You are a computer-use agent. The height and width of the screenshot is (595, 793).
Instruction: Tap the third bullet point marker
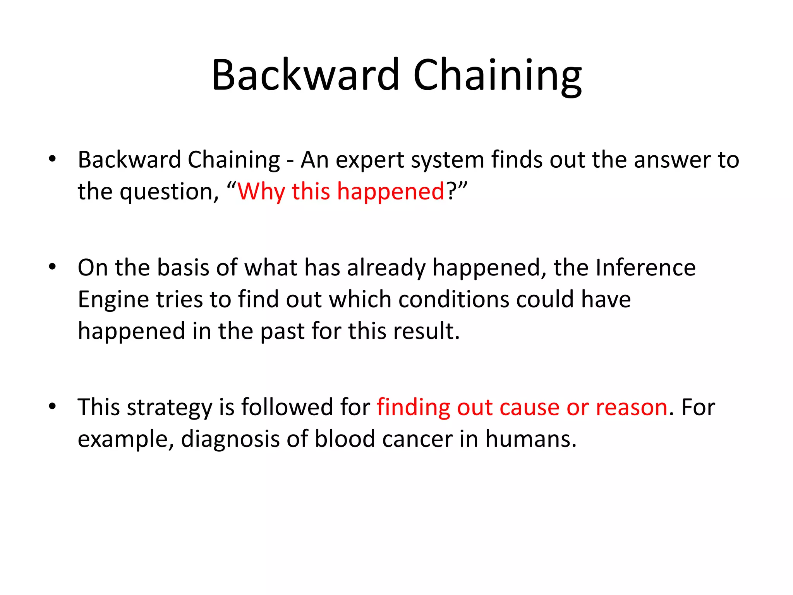[x=53, y=406]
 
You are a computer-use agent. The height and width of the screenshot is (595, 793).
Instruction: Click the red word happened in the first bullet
[x=390, y=191]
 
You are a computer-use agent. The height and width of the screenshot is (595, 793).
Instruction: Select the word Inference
[x=645, y=268]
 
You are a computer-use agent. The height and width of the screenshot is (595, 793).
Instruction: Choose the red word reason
[x=631, y=408]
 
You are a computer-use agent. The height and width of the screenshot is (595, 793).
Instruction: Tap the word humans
[x=530, y=439]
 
